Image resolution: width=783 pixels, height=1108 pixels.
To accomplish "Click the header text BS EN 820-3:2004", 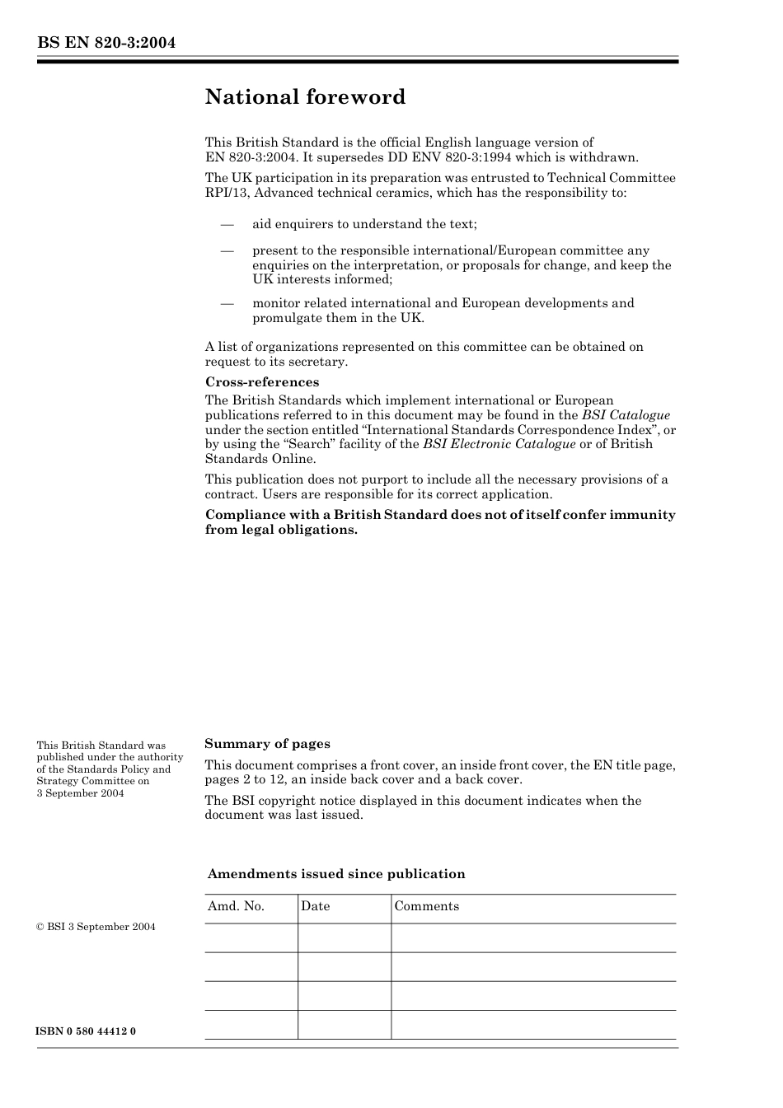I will (106, 43).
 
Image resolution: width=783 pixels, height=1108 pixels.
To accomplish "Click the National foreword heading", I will (305, 97).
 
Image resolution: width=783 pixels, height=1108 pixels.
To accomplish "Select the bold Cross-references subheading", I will (261, 382).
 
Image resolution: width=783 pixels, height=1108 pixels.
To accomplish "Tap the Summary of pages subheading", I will (267, 744).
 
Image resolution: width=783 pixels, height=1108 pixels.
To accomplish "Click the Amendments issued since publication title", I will (335, 874).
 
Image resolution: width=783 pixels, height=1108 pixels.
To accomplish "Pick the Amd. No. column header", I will (236, 906).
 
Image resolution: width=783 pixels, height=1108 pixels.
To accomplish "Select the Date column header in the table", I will (315, 906).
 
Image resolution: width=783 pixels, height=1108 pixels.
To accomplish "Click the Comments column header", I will (426, 906).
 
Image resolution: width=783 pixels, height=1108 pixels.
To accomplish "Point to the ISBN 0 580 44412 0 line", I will (87, 1031).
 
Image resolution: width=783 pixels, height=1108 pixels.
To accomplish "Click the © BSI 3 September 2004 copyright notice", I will (96, 927).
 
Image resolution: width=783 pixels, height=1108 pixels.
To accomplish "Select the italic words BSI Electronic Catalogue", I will (499, 444).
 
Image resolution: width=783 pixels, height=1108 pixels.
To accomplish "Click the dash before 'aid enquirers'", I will (227, 224).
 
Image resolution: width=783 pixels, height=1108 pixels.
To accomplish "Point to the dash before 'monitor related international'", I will (227, 303).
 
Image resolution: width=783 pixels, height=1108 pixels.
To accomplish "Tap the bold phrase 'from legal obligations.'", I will (281, 530).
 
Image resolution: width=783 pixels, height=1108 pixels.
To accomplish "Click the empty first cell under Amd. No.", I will (251, 937).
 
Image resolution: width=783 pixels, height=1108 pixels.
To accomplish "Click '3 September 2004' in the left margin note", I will (80, 793).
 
